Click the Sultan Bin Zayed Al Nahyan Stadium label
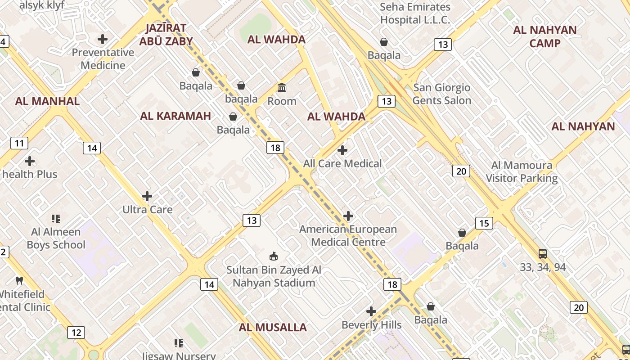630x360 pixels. coord(274,276)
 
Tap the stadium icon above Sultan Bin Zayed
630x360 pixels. coord(273,256)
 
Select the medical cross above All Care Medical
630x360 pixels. coord(342,150)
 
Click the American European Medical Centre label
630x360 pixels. coord(348,235)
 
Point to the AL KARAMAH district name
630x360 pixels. coord(175,116)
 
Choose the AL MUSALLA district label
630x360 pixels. coord(273,327)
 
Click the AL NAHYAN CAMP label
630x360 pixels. coord(545,36)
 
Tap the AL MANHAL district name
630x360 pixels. coord(47,101)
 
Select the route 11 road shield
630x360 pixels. coord(19,144)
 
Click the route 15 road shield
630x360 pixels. coord(484,223)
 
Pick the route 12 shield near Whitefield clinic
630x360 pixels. coord(76,333)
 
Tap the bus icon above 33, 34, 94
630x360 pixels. coord(543,254)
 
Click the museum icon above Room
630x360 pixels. coord(282,87)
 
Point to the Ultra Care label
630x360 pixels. coord(148,209)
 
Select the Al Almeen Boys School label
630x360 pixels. coord(56,238)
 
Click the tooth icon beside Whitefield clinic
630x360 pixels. coord(19,280)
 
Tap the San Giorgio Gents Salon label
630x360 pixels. coord(441,94)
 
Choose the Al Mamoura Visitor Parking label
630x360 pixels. coord(522,171)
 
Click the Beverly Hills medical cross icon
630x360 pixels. coord(371,311)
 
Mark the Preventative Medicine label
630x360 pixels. coord(103,59)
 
